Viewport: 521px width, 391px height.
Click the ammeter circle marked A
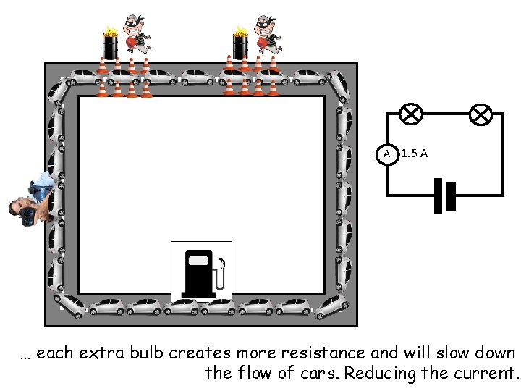388,154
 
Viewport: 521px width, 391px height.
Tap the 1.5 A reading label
415,154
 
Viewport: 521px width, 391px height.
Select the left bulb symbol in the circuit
412,114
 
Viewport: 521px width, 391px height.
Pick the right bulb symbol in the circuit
481,114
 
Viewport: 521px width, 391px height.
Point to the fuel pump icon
202,272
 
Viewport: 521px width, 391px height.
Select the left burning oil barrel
110,45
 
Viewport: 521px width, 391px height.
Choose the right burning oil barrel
240,45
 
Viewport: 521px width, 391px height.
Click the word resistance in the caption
326,353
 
